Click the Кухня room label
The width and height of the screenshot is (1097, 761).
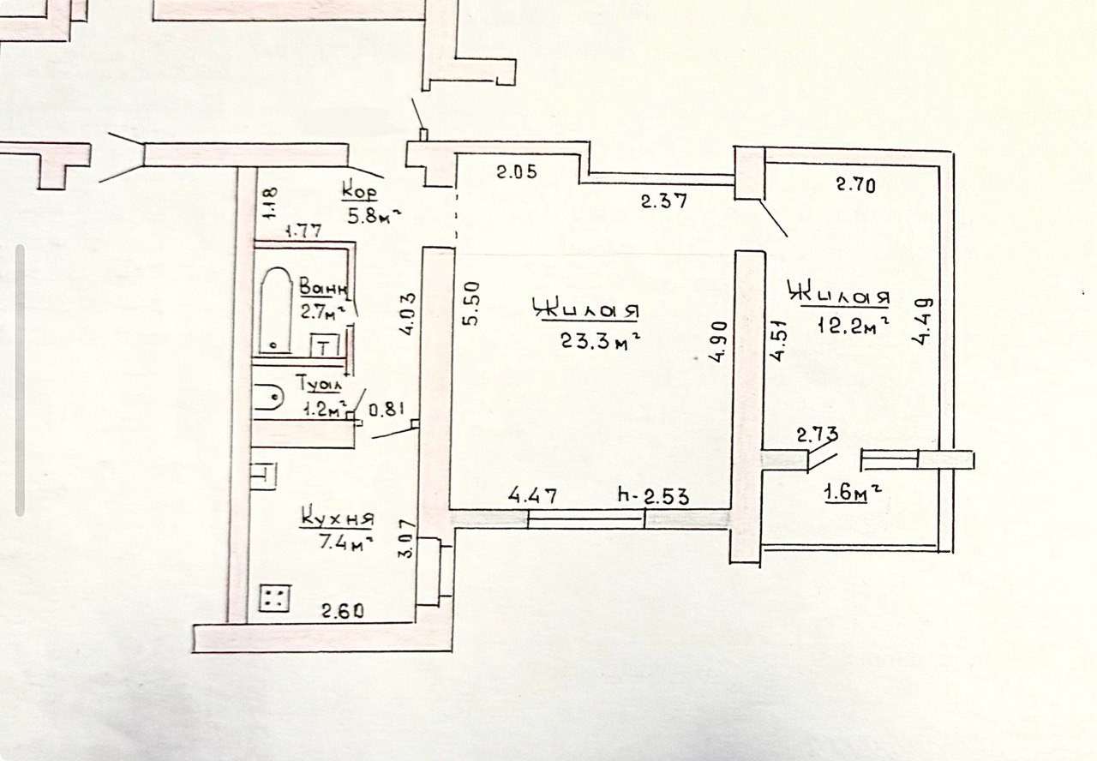coord(338,519)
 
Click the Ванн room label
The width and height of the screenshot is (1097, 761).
coord(322,286)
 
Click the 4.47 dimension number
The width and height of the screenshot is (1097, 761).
coord(533,495)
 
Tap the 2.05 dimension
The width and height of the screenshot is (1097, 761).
coord(517,172)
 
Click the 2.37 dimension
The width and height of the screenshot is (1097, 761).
coord(665,202)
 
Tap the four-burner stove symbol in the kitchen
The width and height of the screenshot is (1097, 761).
coord(275,597)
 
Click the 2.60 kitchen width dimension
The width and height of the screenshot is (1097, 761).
coord(343,611)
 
